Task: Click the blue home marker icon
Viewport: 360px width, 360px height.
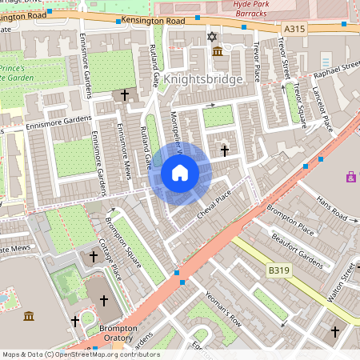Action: (180, 173)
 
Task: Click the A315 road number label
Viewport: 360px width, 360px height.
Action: (294, 28)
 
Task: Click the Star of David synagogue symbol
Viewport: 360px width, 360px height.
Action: (212, 37)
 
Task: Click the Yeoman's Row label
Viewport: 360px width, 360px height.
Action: (223, 309)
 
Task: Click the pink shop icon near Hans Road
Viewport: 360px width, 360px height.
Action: (350, 176)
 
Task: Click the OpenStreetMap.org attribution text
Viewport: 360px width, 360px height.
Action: (104, 354)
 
